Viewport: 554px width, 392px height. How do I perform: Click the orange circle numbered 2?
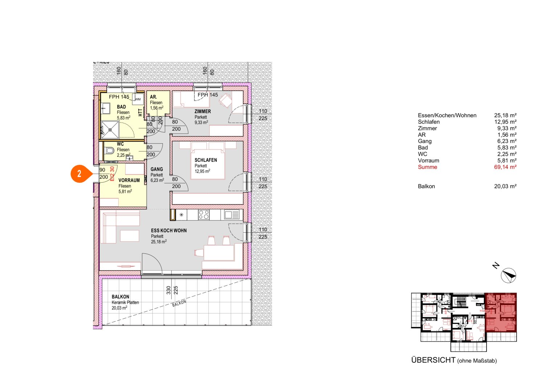point(79,173)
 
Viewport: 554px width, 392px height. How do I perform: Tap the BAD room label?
point(121,107)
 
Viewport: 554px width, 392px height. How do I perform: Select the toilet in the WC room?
point(109,150)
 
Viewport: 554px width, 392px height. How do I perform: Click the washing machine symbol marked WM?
point(138,99)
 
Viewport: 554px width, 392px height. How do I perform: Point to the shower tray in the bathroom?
point(110,130)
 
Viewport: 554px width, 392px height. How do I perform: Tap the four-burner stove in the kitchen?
point(204,215)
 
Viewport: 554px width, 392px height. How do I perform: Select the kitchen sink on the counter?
point(232,215)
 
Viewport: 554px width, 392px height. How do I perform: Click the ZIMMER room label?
point(202,111)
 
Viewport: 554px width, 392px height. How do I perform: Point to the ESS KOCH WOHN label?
point(169,230)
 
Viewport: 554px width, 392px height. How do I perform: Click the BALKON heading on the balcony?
point(120,297)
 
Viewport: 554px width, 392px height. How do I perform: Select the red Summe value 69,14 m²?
point(505,167)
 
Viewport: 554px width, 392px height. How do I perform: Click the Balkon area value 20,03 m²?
point(505,186)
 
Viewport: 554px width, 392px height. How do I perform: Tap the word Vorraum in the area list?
point(428,160)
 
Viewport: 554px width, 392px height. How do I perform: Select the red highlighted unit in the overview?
point(501,312)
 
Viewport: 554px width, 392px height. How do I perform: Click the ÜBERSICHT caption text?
point(433,360)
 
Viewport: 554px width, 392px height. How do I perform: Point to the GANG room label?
point(157,169)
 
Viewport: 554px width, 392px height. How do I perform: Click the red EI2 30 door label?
point(112,173)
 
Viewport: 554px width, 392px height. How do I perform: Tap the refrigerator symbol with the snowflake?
point(181,215)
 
